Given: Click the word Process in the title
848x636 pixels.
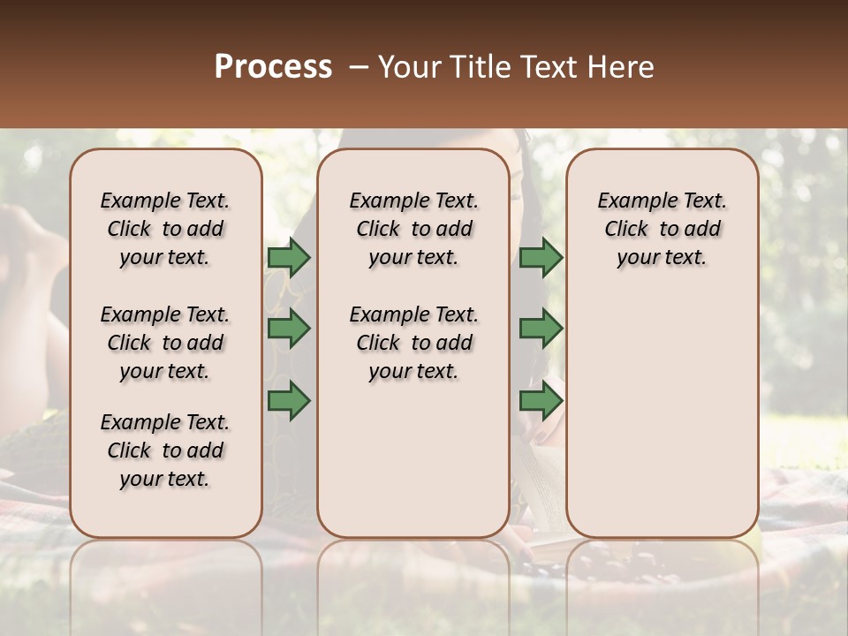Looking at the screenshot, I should (273, 67).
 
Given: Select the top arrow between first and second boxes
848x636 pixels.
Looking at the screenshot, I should (289, 257).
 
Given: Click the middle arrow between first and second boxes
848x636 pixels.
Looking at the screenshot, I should (289, 329).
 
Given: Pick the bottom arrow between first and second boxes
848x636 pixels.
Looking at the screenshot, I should (289, 400).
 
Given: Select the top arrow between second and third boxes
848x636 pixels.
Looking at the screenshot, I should (541, 257).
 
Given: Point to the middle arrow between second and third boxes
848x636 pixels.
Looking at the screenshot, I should (541, 329).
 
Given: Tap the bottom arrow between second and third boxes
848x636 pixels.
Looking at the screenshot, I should (541, 400).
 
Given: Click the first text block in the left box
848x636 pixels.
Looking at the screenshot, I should (165, 229).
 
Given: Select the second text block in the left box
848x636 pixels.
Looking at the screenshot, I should (165, 343).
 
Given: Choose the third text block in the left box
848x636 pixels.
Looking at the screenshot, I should (165, 450).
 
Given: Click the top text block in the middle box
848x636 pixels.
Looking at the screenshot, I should (413, 229).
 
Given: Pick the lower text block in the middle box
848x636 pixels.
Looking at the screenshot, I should (413, 343).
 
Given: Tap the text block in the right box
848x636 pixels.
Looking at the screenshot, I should (662, 229).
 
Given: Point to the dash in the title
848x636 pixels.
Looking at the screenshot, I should (359, 67).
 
